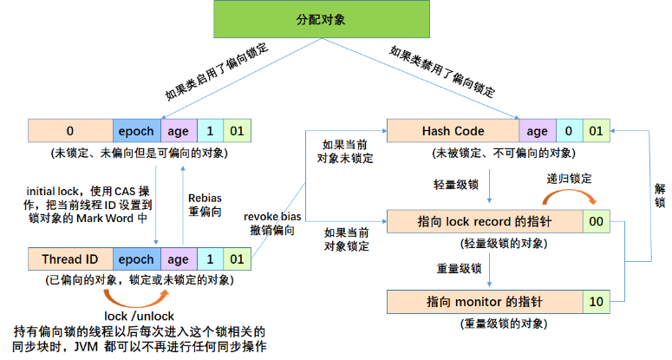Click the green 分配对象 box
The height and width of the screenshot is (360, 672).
[x=322, y=19]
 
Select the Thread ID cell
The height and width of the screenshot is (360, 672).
[x=70, y=259]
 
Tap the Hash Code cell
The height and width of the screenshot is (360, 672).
[x=453, y=131]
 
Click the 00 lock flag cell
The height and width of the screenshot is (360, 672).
[x=597, y=221]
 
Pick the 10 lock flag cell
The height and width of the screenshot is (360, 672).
[x=597, y=302]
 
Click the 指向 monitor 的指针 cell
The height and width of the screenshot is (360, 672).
[x=485, y=302]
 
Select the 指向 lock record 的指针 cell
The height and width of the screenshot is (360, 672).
[x=485, y=221]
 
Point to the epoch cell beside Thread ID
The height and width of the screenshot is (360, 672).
[x=137, y=259]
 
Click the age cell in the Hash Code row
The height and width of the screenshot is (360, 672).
[x=538, y=131]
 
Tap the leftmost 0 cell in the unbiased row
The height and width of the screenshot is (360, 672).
[x=70, y=131]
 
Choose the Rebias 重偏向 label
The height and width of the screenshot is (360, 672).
[x=205, y=205]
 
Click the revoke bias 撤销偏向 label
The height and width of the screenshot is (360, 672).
[x=272, y=223]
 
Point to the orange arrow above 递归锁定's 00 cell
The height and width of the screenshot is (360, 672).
[x=570, y=195]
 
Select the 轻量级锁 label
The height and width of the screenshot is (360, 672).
[x=456, y=185]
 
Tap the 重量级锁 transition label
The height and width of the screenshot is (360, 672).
[x=459, y=269]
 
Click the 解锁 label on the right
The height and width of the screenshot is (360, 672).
[x=660, y=195]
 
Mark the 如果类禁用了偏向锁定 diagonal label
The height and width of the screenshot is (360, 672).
[x=442, y=71]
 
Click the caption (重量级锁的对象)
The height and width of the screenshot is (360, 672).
[x=504, y=324]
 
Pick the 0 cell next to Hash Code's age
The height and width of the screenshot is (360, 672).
[x=569, y=131]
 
